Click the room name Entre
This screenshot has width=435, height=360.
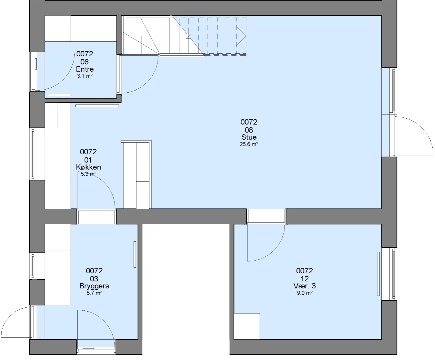[x=85, y=69]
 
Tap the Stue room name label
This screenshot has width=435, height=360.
[x=249, y=137]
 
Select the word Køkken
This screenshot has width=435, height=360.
[x=88, y=167]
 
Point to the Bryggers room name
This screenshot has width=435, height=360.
[x=94, y=286]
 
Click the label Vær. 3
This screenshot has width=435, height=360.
[x=304, y=286]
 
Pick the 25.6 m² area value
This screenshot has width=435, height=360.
[x=249, y=144]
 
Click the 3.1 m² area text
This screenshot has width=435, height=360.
[x=85, y=76]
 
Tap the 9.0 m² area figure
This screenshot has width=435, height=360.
[x=304, y=293]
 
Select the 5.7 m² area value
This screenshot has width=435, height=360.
[x=94, y=293]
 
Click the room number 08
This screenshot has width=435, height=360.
[x=249, y=130]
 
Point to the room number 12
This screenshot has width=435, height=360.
[x=304, y=279]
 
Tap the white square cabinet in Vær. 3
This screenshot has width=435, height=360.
[x=247, y=326]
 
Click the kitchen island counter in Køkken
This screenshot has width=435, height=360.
[x=136, y=174]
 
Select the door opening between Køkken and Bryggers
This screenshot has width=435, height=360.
[x=97, y=216]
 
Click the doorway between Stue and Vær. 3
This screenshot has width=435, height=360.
[x=266, y=216]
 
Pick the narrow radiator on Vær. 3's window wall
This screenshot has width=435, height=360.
[x=378, y=274]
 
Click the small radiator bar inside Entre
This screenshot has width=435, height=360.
[x=60, y=95]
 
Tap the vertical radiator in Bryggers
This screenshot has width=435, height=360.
[x=135, y=254]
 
